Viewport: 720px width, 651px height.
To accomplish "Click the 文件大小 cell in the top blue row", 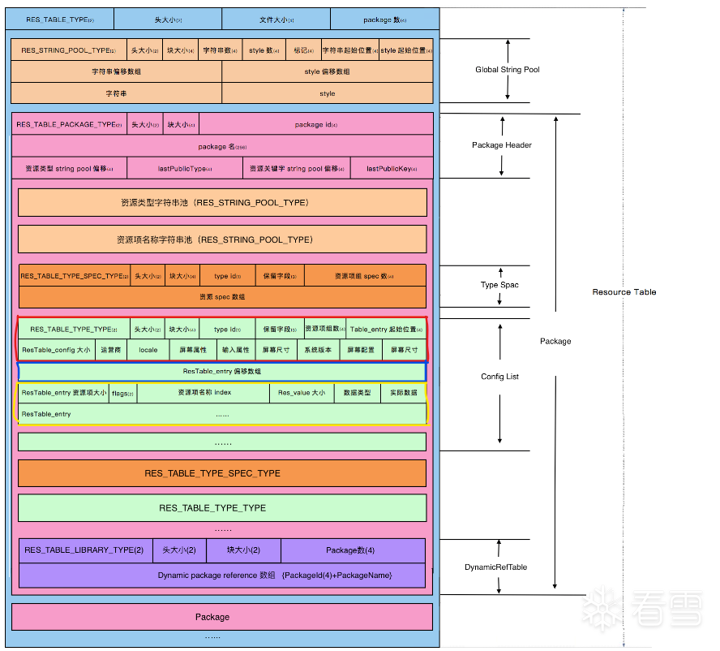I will [276, 18].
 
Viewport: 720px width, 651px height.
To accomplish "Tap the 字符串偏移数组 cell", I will [116, 71].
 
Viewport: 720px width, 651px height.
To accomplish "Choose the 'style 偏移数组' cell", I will [327, 71].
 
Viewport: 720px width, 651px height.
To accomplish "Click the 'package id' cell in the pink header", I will [315, 124].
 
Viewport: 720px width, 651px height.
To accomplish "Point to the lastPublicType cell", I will [184, 168].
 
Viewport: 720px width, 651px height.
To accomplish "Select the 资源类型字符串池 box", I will [222, 202].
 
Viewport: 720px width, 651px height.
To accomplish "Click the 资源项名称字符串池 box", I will [222, 239].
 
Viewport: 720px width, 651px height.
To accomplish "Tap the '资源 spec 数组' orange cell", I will [222, 297].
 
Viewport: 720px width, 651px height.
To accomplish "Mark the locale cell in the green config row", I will [148, 350].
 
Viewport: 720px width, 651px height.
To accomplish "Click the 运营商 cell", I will [110, 350].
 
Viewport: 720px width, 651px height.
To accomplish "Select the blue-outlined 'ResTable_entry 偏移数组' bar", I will [222, 371].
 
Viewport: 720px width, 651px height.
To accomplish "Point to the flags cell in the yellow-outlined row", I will [123, 393].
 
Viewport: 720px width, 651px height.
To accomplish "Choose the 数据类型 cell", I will [357, 393].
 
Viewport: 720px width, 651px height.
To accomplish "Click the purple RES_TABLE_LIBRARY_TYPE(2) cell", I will [84, 550].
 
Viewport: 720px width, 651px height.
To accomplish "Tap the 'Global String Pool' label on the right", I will [508, 70].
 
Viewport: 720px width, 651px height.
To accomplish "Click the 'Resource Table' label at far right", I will [624, 291].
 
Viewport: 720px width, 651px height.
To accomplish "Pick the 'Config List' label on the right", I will [500, 377].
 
